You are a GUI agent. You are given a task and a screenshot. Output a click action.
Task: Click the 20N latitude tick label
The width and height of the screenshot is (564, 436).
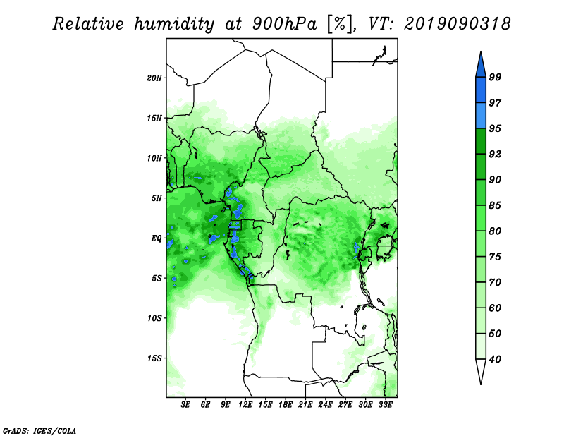[x=154, y=78]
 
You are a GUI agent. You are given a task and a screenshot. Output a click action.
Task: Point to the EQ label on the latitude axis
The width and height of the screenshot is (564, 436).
[x=156, y=238]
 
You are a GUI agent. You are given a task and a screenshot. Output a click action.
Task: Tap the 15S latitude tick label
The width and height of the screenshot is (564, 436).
[x=154, y=358]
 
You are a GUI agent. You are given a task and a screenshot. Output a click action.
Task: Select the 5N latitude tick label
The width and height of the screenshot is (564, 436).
[x=157, y=198]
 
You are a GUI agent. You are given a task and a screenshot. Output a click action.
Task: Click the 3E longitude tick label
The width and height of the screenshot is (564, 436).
[x=185, y=405]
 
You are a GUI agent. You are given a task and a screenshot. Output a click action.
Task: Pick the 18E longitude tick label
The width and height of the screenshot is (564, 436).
[x=286, y=405]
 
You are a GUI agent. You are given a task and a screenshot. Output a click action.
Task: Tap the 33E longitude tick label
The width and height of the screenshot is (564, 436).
[x=385, y=405]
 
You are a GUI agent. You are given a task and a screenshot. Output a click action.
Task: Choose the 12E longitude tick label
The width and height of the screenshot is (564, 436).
[x=245, y=405]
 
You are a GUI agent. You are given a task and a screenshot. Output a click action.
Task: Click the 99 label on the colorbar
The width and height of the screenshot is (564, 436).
[x=495, y=77]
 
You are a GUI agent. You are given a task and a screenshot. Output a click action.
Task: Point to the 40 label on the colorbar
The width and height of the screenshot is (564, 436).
[x=495, y=359]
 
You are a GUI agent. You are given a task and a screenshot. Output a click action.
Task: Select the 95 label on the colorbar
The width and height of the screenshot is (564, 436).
[x=495, y=128]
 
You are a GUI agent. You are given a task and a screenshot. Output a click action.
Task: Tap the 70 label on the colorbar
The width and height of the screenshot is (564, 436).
[x=495, y=282]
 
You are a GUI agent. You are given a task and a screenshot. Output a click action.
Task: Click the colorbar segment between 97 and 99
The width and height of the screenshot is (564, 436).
[x=481, y=90]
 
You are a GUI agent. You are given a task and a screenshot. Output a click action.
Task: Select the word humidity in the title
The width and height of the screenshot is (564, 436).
[x=174, y=25]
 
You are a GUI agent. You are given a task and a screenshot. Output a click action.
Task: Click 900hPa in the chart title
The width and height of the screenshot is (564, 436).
[x=285, y=24]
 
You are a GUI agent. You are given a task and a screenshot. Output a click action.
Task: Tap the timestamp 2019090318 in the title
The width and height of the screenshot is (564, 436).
[x=457, y=24]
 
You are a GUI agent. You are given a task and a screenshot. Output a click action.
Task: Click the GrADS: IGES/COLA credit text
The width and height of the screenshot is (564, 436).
[x=39, y=430]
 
